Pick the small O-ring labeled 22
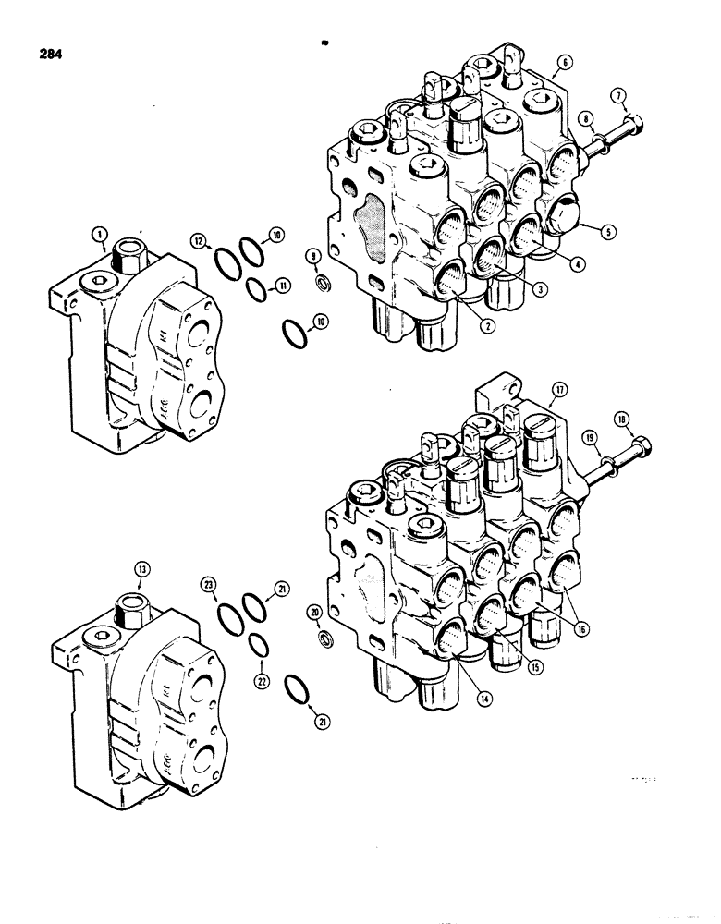click(x=260, y=643)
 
